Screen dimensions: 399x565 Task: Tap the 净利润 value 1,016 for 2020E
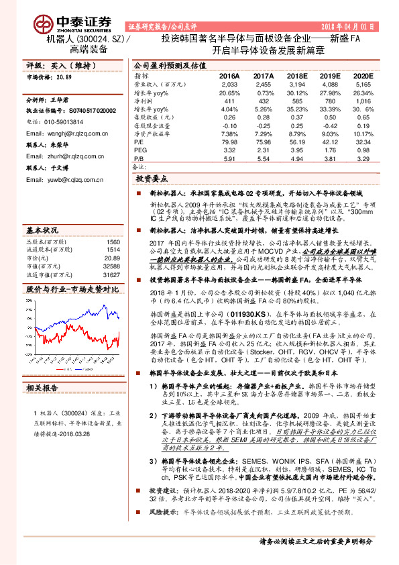362,100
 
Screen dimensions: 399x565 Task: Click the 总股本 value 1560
113,223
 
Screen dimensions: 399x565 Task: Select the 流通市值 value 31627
112,255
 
